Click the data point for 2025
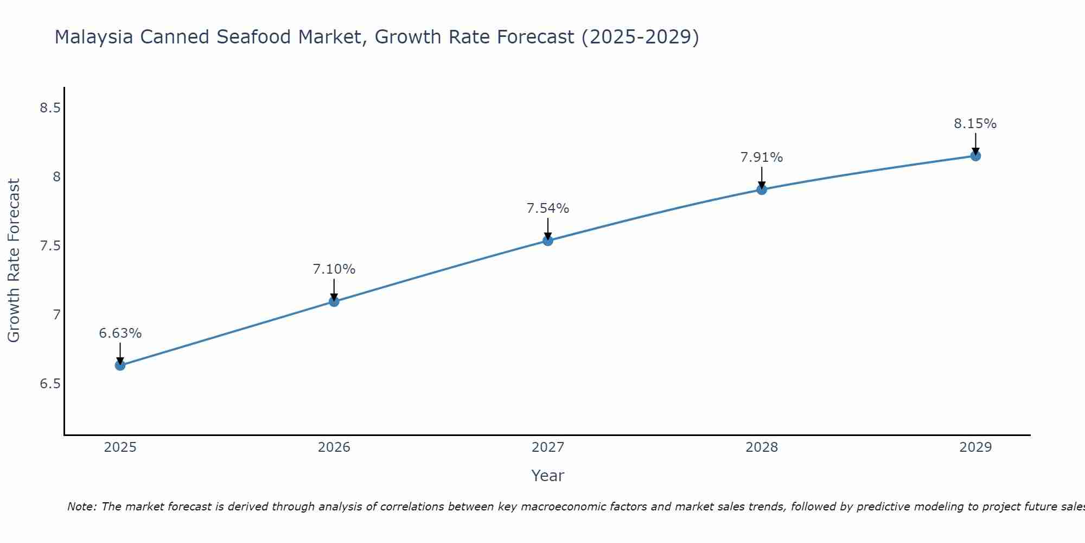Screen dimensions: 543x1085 coord(120,365)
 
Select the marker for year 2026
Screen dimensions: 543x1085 coord(334,301)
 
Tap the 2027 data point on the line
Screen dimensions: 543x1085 coord(548,241)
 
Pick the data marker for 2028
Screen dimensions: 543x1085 coord(762,190)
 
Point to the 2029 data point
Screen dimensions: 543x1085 coord(975,156)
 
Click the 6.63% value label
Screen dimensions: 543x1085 coord(120,333)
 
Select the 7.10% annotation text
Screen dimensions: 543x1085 coord(334,269)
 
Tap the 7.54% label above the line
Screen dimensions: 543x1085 coord(548,209)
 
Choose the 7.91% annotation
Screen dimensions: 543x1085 coord(762,157)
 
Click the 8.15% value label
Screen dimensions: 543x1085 coord(975,124)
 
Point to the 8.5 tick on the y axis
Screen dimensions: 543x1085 coord(50,108)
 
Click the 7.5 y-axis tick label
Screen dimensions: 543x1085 coord(50,246)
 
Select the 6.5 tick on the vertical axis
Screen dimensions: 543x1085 coord(50,384)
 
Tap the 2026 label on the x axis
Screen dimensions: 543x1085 coord(334,447)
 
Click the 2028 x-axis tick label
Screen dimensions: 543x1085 coord(762,447)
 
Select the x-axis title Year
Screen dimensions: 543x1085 coord(548,476)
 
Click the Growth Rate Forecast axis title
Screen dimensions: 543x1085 coord(14,261)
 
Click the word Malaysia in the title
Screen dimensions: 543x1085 coord(94,37)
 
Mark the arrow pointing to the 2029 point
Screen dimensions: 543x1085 coord(975,143)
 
